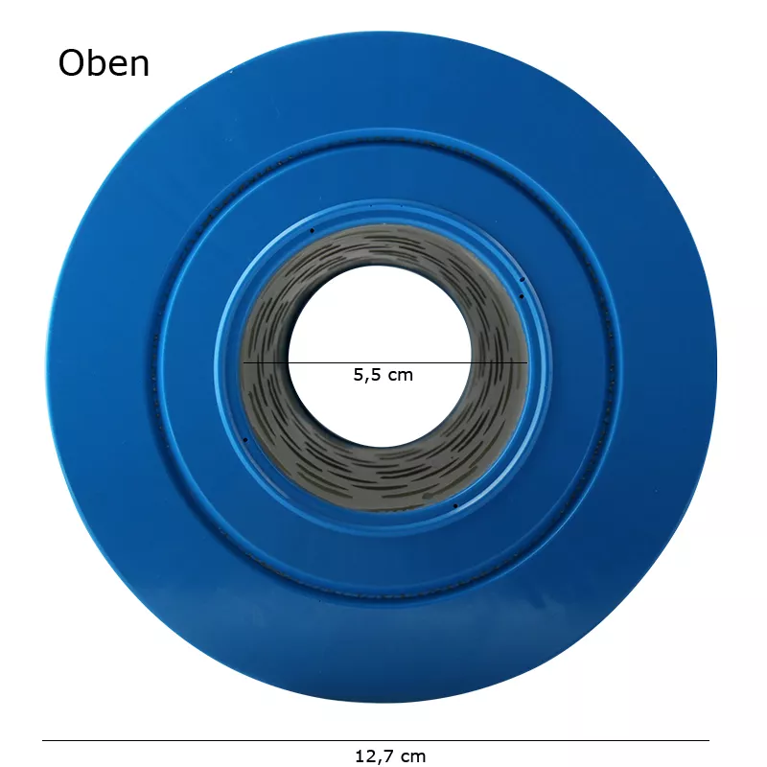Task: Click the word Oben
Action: pos(104,63)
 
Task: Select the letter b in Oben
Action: pos(100,62)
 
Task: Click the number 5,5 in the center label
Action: pos(366,375)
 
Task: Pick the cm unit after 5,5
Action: pos(400,377)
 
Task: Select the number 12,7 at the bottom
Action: pos(374,756)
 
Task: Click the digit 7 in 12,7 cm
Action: pos(388,756)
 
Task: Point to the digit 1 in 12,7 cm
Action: pos(360,756)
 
